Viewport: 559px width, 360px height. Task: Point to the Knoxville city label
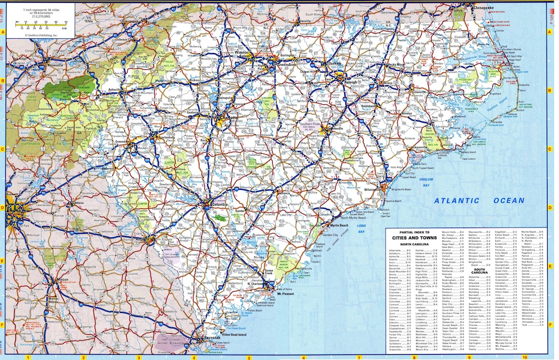click(53, 65)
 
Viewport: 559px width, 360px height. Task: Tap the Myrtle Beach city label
click(339, 226)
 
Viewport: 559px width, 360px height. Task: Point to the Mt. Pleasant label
click(286, 293)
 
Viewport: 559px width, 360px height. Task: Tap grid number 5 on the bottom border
click(249, 357)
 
